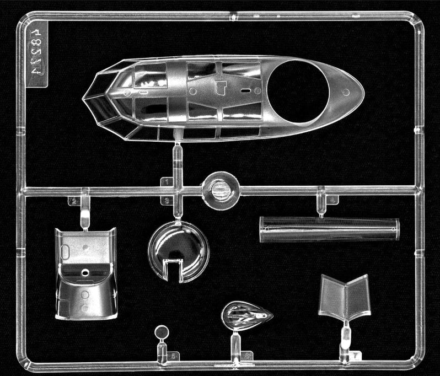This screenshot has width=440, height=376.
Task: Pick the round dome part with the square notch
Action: point(178,251)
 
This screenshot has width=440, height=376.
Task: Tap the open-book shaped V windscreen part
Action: point(345,298)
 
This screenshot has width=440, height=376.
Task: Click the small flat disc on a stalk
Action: point(161,332)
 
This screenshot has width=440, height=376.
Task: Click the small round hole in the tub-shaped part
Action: point(85,272)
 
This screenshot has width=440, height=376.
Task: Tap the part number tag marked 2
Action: point(73,201)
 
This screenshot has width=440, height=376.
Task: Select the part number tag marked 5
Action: point(174,357)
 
